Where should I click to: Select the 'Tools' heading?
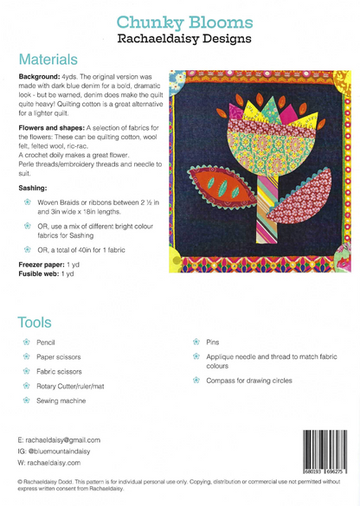pyautogui.click(x=36, y=322)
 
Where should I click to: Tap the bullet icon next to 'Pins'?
pyautogui.click(x=196, y=343)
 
